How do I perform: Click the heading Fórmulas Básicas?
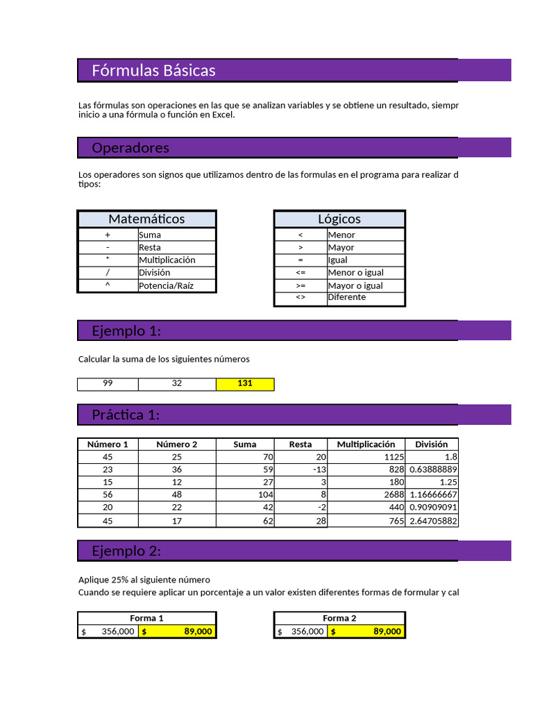153,70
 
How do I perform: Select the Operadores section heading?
130,148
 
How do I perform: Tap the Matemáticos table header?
146,219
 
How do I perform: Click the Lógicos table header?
339,219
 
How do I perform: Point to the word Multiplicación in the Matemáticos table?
167,260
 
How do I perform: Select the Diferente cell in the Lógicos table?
346,297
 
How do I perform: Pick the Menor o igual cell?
355,273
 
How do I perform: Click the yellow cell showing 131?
245,383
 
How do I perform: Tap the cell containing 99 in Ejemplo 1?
108,383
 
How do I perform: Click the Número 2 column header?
177,444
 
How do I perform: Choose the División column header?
431,444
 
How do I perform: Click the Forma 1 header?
146,618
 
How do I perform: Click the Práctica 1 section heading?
126,415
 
